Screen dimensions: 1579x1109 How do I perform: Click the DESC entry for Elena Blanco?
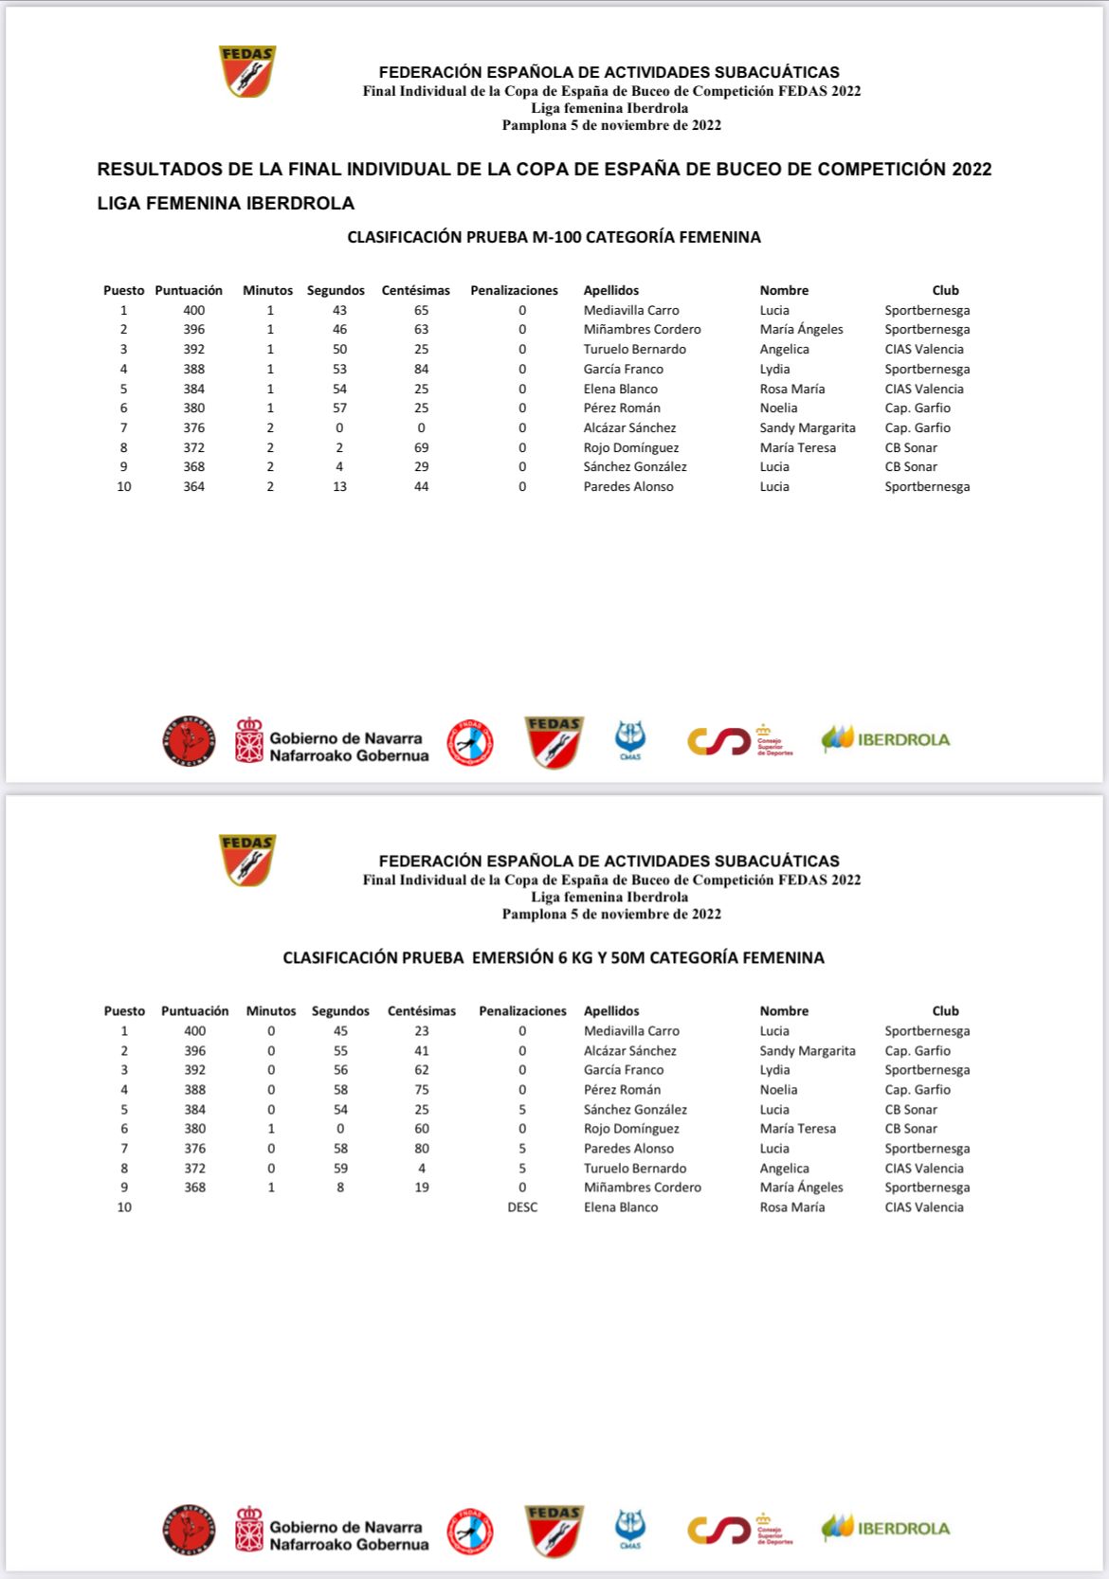point(522,1207)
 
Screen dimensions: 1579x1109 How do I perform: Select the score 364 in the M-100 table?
point(194,487)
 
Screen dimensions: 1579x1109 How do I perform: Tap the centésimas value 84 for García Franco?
point(421,370)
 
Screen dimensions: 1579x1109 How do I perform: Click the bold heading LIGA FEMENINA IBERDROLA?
point(226,204)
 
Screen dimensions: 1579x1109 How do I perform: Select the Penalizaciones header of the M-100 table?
point(514,291)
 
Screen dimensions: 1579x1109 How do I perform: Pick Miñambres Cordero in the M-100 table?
point(642,330)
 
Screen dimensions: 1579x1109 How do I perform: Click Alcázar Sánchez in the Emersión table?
point(629,1051)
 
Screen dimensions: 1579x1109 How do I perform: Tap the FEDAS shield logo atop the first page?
point(246,72)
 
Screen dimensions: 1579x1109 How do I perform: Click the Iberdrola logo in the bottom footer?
point(885,1528)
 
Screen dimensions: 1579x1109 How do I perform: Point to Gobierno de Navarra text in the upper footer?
point(345,738)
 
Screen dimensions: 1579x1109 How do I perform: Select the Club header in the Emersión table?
point(945,1011)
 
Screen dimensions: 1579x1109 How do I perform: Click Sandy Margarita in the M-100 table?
point(807,428)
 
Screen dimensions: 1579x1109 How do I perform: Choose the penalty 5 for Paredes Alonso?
point(522,1149)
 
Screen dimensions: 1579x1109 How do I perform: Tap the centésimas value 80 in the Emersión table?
point(421,1149)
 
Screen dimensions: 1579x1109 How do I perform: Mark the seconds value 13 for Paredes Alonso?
point(339,487)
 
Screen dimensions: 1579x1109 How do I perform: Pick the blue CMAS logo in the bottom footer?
point(630,1529)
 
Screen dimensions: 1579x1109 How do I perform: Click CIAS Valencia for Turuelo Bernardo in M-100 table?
point(923,350)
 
